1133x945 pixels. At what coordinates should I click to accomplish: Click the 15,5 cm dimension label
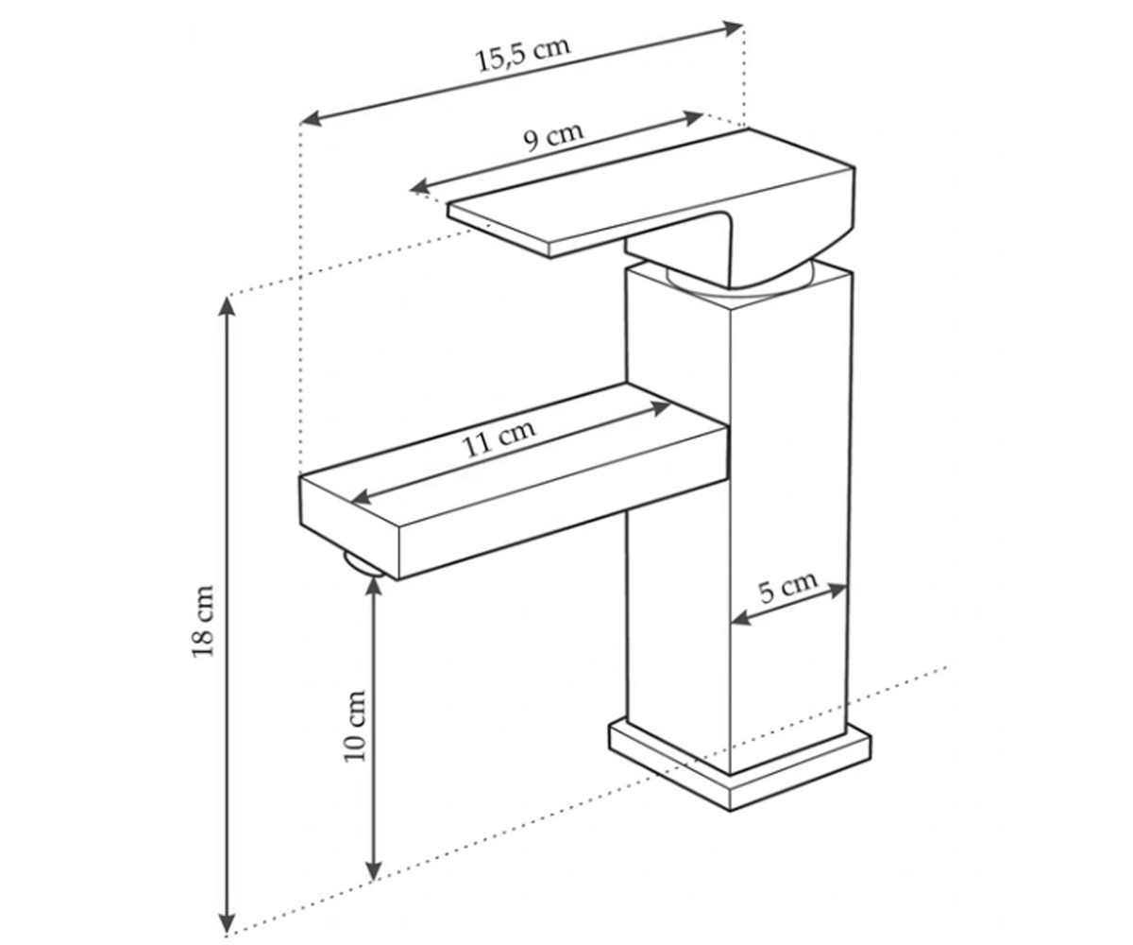522,53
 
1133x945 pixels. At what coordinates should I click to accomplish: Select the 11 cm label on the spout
499,439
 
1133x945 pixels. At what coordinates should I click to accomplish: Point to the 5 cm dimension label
787,587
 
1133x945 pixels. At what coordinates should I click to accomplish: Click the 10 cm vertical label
355,726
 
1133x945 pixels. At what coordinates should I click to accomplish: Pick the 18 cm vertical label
203,622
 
